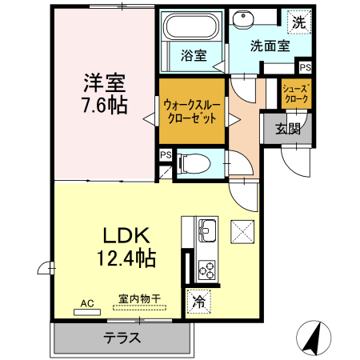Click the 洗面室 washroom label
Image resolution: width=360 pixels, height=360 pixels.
point(269,46)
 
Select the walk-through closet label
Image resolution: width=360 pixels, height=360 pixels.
point(192,110)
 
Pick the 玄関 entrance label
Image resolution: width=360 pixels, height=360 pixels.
point(289,128)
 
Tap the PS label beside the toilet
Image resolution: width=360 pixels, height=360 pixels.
point(166,154)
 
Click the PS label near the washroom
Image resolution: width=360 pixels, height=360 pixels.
point(305,67)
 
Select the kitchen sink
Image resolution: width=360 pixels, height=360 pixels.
point(207,232)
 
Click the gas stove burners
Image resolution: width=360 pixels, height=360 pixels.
point(206,267)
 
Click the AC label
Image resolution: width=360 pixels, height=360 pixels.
point(88,303)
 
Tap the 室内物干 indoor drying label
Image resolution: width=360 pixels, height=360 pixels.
point(139,299)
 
